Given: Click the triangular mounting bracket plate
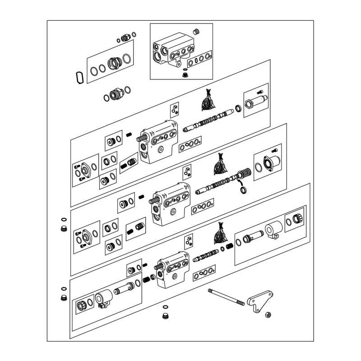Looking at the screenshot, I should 259,301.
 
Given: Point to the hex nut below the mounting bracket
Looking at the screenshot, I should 268,314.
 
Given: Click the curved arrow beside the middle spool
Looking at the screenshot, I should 240,183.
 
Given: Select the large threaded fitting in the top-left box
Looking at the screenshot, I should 114,64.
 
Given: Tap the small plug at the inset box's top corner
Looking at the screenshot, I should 196,31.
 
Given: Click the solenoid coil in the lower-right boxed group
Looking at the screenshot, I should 273,228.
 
